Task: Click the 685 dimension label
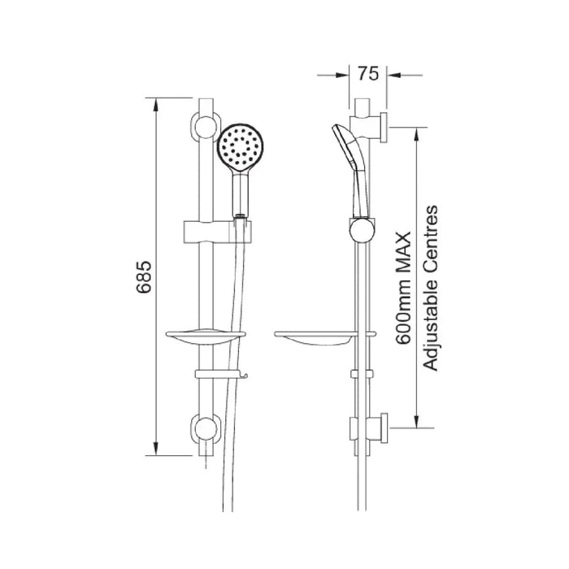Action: tap(143, 276)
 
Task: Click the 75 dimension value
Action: tap(368, 74)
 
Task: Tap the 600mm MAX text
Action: tap(403, 289)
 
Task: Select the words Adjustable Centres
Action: tap(431, 288)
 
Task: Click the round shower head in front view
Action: tap(241, 147)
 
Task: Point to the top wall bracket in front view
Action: tap(206, 126)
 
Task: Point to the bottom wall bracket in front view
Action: tap(206, 428)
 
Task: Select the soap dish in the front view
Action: tap(206, 338)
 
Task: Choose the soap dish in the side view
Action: tap(325, 338)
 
